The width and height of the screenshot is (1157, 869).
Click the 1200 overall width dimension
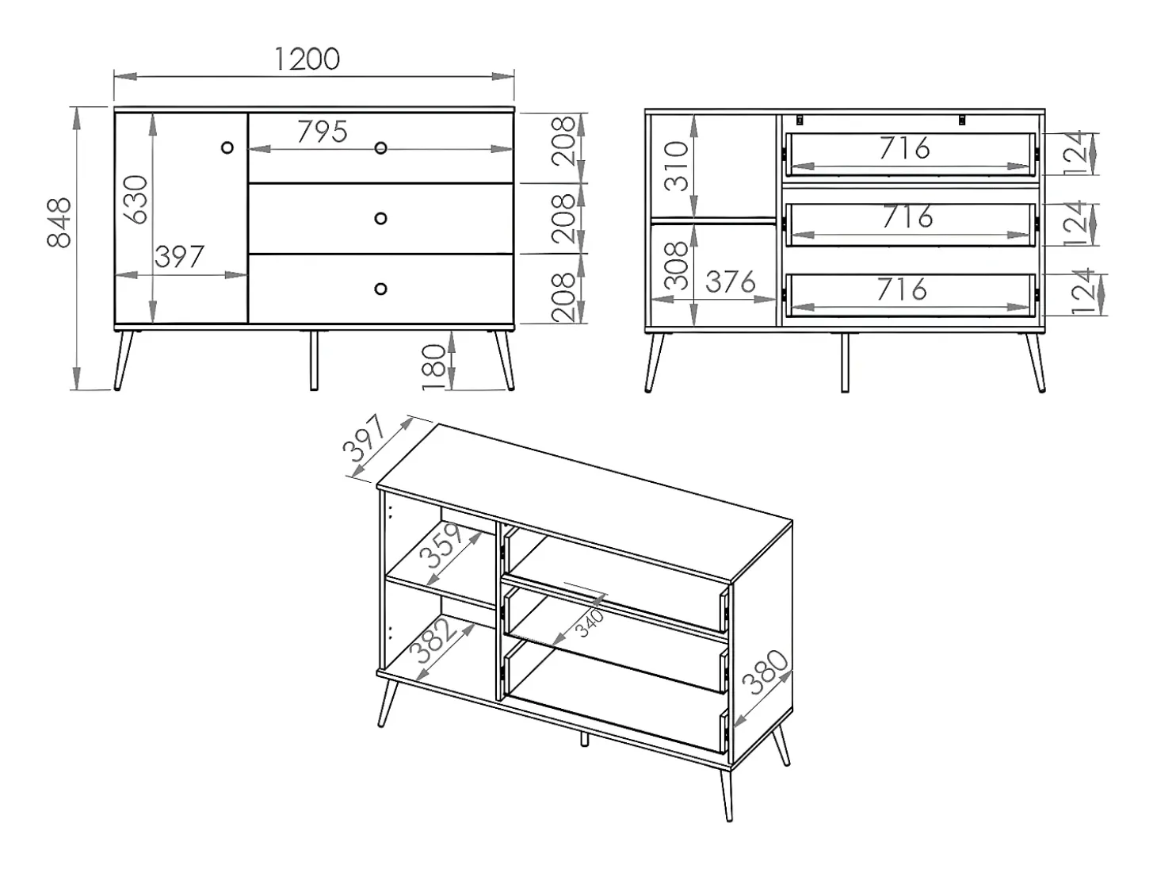point(307,59)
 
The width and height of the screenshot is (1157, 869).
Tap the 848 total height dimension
point(59,223)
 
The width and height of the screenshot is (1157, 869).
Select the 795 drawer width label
point(322,132)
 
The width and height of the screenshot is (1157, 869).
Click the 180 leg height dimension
point(435,368)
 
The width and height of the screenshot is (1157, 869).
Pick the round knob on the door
point(227,147)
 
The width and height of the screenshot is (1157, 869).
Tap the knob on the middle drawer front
point(380,218)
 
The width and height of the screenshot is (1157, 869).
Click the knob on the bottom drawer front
point(380,289)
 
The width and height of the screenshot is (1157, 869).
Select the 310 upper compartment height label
point(677,166)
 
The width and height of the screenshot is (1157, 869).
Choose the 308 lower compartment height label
point(677,266)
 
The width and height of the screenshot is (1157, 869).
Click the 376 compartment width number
point(731,282)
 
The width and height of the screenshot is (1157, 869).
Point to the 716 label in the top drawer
point(904,148)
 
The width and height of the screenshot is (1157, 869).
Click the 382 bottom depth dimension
point(435,640)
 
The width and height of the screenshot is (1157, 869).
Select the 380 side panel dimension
point(766,673)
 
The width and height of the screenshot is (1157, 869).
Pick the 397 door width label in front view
point(179,257)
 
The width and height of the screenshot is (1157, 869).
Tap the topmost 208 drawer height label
point(563,141)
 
